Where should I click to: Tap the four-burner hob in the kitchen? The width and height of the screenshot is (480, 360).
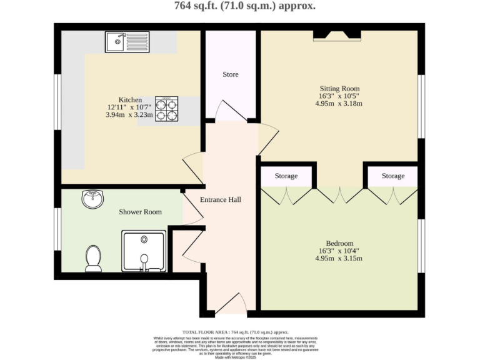(x=167, y=110)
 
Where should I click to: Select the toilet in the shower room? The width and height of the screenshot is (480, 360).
(x=93, y=257)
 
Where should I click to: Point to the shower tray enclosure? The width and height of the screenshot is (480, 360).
(x=144, y=252)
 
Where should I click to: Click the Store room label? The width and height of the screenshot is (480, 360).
(x=231, y=75)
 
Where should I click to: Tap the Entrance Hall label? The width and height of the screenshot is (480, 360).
(x=220, y=200)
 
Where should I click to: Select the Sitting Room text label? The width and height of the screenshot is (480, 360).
(x=339, y=88)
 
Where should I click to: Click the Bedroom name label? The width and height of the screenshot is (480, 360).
(x=339, y=243)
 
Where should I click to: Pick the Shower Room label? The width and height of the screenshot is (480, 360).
(x=140, y=212)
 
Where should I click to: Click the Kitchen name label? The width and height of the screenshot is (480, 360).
(x=130, y=100)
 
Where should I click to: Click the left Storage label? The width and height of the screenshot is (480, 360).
(x=286, y=176)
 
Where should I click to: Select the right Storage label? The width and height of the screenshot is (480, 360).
(x=393, y=176)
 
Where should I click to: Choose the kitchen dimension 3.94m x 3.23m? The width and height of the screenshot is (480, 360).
(x=130, y=115)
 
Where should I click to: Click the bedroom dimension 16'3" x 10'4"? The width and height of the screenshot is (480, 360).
(x=339, y=251)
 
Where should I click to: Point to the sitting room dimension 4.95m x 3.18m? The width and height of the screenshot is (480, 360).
(x=339, y=103)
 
